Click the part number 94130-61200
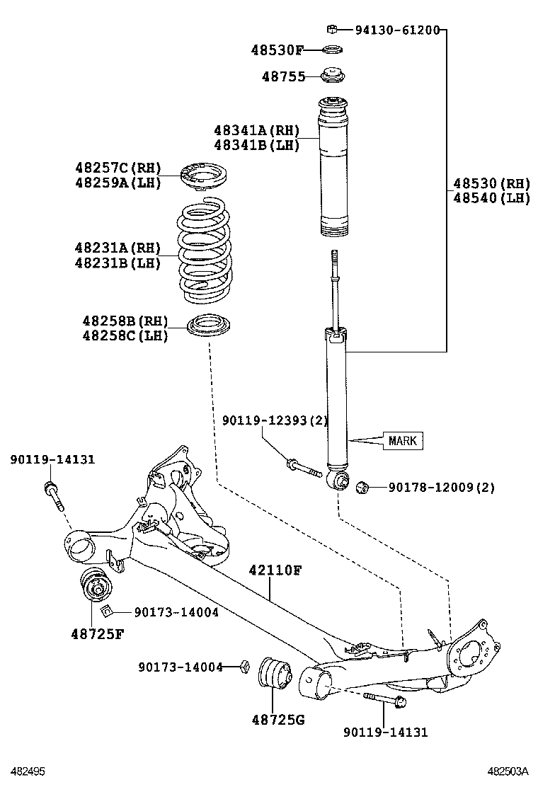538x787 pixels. [397, 30]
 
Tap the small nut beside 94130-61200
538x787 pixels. [331, 29]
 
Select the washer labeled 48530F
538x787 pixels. [331, 50]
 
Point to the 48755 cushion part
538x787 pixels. [332, 76]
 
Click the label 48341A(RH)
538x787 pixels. [256, 130]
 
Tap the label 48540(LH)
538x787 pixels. [491, 197]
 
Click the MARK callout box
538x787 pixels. [403, 441]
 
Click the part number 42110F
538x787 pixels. [275, 570]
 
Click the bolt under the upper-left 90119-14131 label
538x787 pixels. [54, 495]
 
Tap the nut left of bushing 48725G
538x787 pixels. [244, 666]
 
